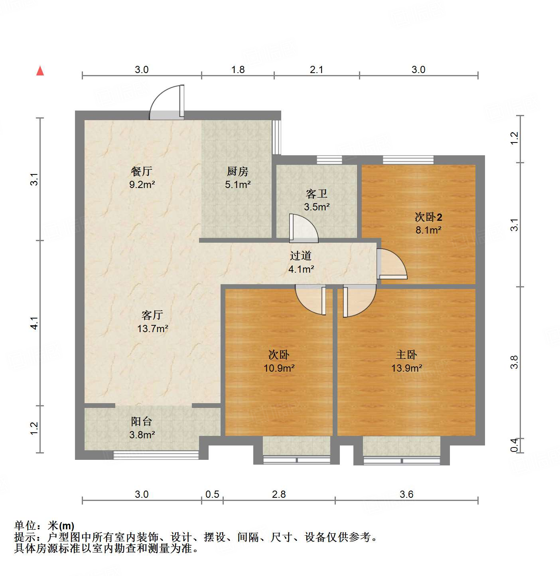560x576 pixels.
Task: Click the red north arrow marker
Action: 40,71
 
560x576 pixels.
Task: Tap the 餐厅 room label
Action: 142,171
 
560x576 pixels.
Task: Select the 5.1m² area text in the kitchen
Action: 238,184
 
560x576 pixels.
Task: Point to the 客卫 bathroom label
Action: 317,194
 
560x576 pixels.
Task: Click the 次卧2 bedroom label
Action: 428,217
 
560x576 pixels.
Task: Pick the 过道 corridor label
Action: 301,255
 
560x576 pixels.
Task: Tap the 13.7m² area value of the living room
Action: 152,329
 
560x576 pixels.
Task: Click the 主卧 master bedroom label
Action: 406,354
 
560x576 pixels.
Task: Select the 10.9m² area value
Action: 279,368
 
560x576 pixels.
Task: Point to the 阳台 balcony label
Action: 142,421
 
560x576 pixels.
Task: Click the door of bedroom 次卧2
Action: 392,264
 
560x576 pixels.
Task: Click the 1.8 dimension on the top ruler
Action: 238,69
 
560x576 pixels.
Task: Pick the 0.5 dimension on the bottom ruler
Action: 212,494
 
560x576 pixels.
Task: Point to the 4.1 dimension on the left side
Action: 34,323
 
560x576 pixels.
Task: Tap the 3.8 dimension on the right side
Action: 514,362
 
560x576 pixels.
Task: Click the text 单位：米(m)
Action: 44,526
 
